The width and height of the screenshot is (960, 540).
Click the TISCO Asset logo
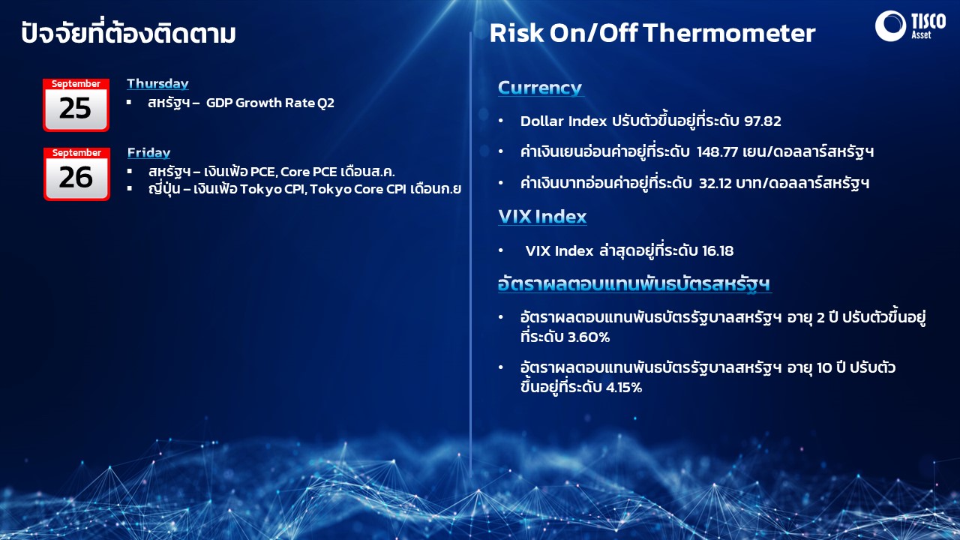[910, 25]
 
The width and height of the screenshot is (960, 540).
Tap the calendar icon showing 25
[76, 104]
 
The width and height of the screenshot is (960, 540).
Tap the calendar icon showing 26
[76, 173]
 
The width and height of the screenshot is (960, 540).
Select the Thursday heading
[157, 83]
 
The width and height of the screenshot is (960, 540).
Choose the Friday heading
[148, 152]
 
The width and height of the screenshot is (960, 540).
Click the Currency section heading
[540, 88]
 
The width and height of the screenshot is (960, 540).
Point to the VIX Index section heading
[542, 217]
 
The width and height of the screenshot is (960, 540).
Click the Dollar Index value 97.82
[763, 121]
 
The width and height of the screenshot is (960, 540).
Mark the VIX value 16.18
[718, 250]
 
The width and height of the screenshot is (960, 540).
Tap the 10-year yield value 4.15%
[623, 388]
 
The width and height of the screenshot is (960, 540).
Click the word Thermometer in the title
[729, 33]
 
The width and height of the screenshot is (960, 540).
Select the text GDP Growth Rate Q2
[270, 103]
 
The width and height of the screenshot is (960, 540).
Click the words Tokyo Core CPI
[358, 189]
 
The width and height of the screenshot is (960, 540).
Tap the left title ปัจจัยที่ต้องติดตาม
[128, 32]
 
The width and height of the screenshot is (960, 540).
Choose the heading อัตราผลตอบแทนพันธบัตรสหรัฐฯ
[634, 284]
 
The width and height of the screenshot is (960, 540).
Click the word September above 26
[76, 152]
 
